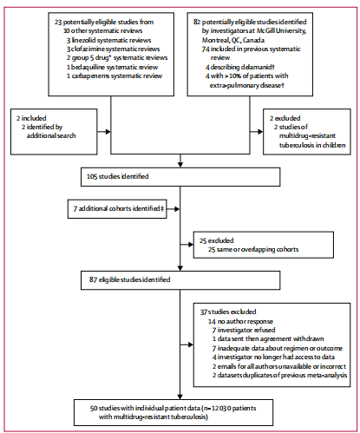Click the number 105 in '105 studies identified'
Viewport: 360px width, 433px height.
click(92, 176)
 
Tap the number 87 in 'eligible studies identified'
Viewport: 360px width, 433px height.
click(93, 279)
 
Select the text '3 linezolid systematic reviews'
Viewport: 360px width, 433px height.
click(108, 40)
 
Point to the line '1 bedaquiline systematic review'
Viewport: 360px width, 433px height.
click(112, 67)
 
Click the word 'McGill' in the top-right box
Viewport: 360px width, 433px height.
click(265, 30)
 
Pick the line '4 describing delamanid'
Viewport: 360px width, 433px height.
click(240, 67)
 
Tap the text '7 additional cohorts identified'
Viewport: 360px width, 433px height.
click(116, 208)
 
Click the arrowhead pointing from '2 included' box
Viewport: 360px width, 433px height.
click(108, 132)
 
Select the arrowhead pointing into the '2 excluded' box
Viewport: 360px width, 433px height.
click(260, 132)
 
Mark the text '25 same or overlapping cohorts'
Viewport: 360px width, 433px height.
click(253, 249)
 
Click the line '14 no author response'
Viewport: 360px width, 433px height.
click(240, 321)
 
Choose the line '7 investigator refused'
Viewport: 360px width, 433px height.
click(244, 330)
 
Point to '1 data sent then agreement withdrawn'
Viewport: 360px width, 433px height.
click(268, 338)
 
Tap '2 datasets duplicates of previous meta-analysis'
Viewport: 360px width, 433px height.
click(279, 375)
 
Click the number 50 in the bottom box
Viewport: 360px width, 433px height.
click(94, 408)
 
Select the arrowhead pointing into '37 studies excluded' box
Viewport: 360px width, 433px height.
click(191, 344)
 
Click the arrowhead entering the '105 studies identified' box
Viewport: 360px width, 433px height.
click(180, 165)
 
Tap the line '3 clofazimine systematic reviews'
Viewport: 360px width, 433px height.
click(113, 49)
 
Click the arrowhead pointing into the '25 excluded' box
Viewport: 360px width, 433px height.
click(191, 245)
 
